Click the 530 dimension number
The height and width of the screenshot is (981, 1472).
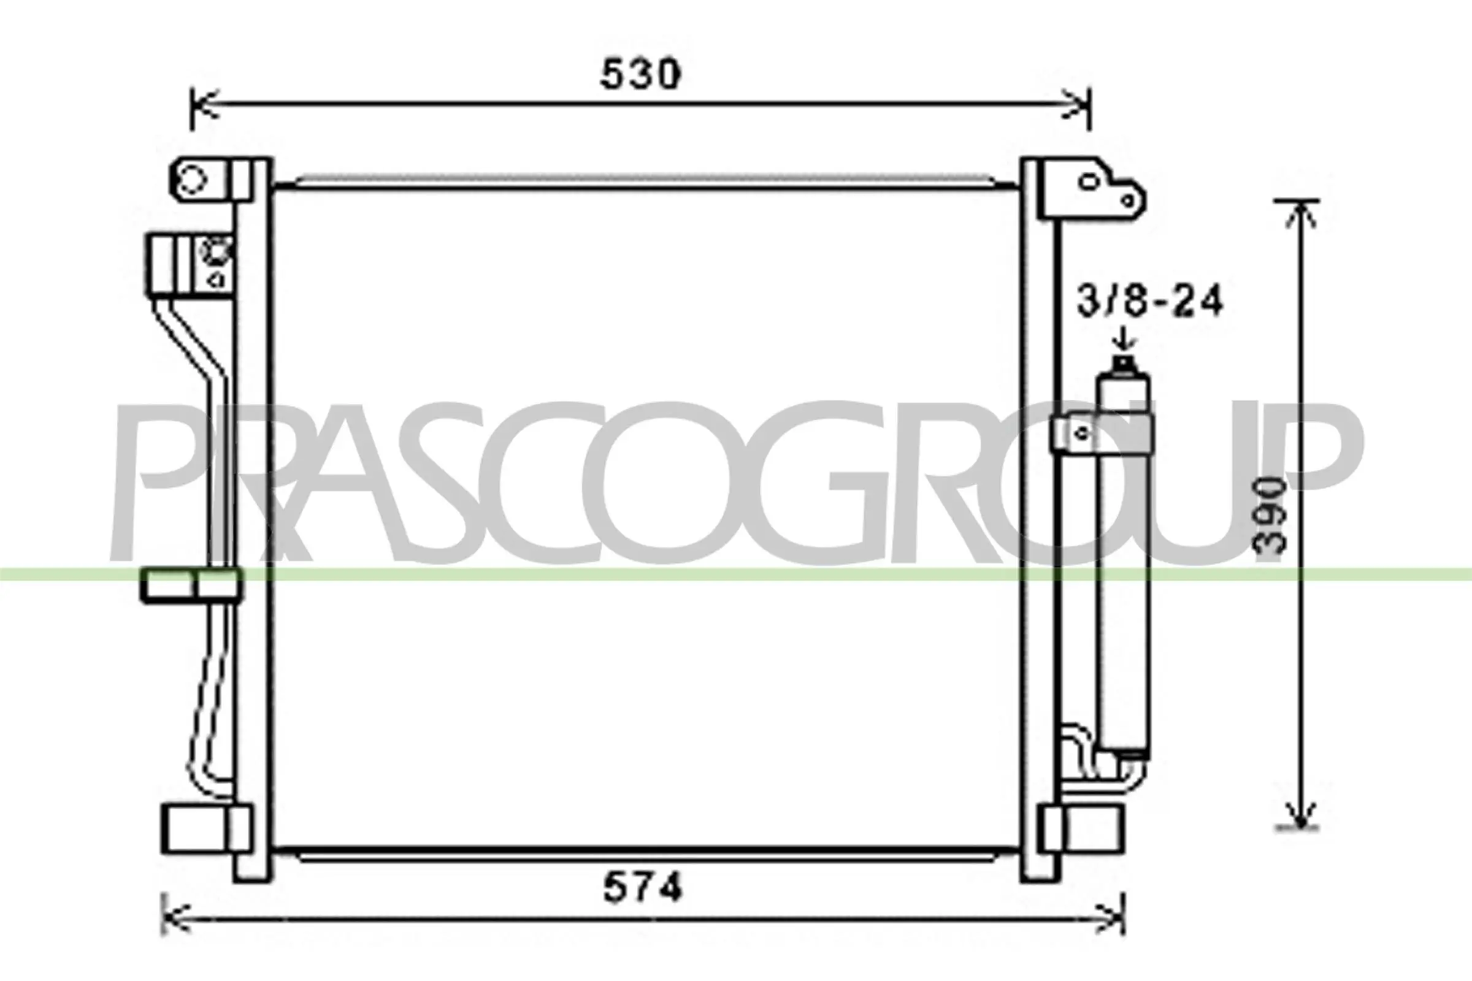[x=640, y=74]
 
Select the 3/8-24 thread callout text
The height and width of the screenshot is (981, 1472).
[x=1149, y=302]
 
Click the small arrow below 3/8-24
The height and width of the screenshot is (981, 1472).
[x=1124, y=340]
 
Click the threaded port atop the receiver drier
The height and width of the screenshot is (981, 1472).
[x=1124, y=364]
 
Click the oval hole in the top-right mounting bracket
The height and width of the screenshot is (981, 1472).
[x=1090, y=182]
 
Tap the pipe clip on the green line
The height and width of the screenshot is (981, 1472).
[x=191, y=585]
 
